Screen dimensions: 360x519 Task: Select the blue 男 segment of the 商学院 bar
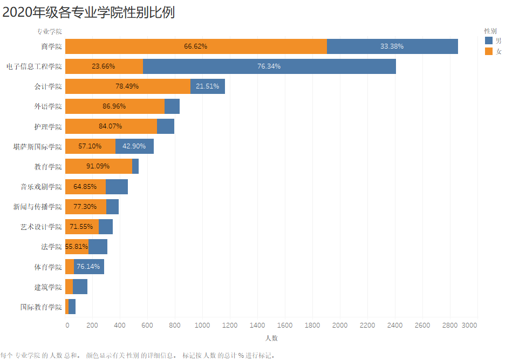392,46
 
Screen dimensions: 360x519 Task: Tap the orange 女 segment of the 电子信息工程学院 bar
104,66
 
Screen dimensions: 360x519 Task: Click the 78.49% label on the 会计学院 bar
127,86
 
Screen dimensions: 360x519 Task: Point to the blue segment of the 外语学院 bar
172,106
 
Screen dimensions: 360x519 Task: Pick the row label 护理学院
48,126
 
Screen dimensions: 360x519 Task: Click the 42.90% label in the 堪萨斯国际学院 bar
134,146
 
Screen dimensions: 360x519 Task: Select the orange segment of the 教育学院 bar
98,166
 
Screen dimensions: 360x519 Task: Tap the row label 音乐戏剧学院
41,187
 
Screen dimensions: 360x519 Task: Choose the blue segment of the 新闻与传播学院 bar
112,207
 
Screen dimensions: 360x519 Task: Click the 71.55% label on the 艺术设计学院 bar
81,227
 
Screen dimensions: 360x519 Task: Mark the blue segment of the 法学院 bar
98,247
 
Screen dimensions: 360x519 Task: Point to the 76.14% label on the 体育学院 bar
88,267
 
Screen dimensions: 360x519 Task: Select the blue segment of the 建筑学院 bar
80,287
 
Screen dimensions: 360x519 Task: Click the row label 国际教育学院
41,307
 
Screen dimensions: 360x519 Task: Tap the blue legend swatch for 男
489,40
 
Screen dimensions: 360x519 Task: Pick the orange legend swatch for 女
489,51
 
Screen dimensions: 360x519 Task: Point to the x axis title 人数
271,338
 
